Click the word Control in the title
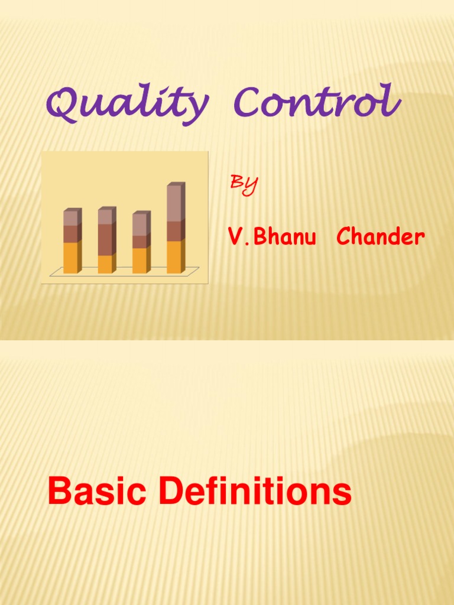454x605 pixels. [x=316, y=102]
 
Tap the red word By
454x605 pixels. [x=243, y=184]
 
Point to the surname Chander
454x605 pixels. [x=380, y=237]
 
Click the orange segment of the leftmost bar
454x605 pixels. [x=70, y=258]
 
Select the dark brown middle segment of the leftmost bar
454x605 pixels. [x=70, y=234]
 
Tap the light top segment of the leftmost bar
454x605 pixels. [x=70, y=219]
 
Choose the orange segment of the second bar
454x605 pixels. [x=105, y=264]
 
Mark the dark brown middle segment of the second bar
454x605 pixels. [x=105, y=239]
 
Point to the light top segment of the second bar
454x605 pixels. [x=105, y=217]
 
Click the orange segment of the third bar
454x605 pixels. [x=140, y=261]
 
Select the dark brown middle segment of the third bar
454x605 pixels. [x=140, y=242]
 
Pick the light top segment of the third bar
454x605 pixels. [x=140, y=225]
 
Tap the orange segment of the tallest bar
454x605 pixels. [x=174, y=257]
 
